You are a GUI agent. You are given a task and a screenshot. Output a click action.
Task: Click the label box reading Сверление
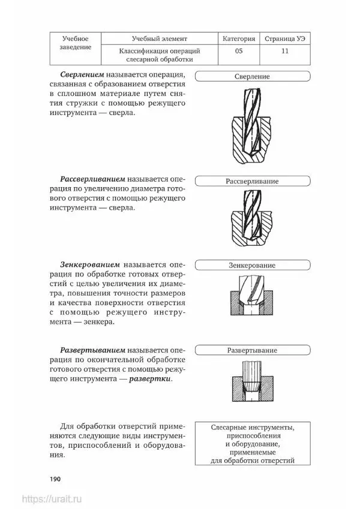click(x=251, y=77)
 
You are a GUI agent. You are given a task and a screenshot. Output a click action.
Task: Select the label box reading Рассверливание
click(x=251, y=180)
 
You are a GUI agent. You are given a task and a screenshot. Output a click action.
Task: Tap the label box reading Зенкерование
click(x=251, y=265)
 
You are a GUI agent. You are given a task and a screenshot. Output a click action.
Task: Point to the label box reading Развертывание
click(x=251, y=350)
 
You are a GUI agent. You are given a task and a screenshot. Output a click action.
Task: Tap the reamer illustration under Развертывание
click(x=251, y=383)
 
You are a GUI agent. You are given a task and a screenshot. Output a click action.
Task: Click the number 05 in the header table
click(x=238, y=51)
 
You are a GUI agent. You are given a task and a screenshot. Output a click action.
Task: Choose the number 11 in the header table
click(x=284, y=51)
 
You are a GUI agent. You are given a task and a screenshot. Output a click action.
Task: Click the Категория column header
click(x=238, y=38)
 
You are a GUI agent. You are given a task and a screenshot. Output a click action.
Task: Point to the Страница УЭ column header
click(x=284, y=38)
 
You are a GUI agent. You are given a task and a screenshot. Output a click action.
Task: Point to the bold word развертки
click(x=152, y=379)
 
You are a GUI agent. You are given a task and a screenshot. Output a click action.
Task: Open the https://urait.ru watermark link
click(x=53, y=499)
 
